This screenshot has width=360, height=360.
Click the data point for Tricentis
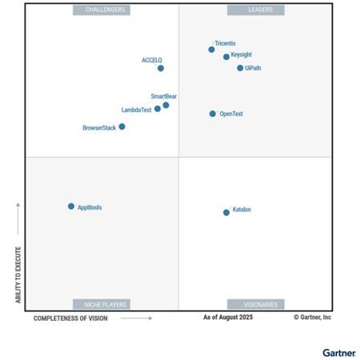click(x=211, y=50)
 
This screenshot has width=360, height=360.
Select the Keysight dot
click(x=226, y=57)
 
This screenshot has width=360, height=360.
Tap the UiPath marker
click(x=240, y=68)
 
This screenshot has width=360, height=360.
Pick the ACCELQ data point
click(x=161, y=69)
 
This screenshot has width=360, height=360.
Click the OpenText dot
click(x=213, y=114)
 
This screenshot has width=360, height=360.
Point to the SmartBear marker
click(x=166, y=105)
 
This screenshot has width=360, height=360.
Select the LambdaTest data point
click(x=158, y=109)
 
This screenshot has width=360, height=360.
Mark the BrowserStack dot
click(x=122, y=126)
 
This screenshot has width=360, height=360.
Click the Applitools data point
click(x=71, y=206)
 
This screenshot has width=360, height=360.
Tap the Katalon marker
click(x=226, y=212)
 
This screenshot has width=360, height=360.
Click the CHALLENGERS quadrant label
click(x=102, y=10)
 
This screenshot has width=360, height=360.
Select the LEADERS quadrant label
click(x=255, y=10)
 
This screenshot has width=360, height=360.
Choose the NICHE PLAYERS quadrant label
click(x=102, y=304)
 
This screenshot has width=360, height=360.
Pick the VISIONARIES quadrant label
click(x=255, y=304)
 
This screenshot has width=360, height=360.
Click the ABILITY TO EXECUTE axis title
click(x=18, y=274)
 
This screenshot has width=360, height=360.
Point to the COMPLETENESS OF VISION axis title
click(x=70, y=318)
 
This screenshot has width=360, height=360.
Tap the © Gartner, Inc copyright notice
click(x=312, y=318)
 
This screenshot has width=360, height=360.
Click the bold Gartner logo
click(x=338, y=351)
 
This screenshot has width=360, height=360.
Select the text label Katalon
click(x=242, y=210)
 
